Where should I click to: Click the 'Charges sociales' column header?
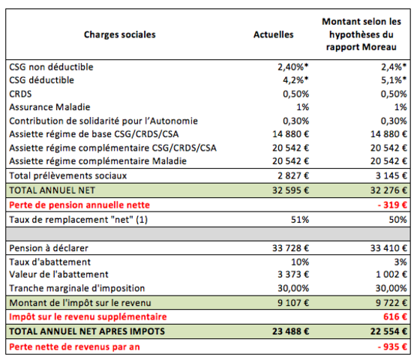pos(120,34)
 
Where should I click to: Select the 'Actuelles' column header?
pos(274,34)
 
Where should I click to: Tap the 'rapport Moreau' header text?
pos(361,47)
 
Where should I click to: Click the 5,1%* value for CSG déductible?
pos(394,79)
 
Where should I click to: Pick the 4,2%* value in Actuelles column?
pos(295,79)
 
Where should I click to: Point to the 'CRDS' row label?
pos(20,94)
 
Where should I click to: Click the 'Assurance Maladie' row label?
pos(49,107)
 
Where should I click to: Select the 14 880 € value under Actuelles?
pos(291,134)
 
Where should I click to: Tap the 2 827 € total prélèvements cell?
pos(293,175)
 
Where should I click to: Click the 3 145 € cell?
pos(391,175)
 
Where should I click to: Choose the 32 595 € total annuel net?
pos(291,190)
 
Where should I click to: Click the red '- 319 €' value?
pos(392,205)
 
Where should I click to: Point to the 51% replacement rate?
pos(300,220)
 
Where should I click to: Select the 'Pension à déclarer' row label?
pos(49,248)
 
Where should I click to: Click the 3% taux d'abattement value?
pos(400,262)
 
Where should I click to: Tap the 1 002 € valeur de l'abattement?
pos(391,274)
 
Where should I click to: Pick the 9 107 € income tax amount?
pos(293,303)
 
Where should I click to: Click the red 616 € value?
pos(395,316)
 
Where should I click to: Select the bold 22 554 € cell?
pos(388,331)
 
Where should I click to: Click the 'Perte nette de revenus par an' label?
pos(74,346)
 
